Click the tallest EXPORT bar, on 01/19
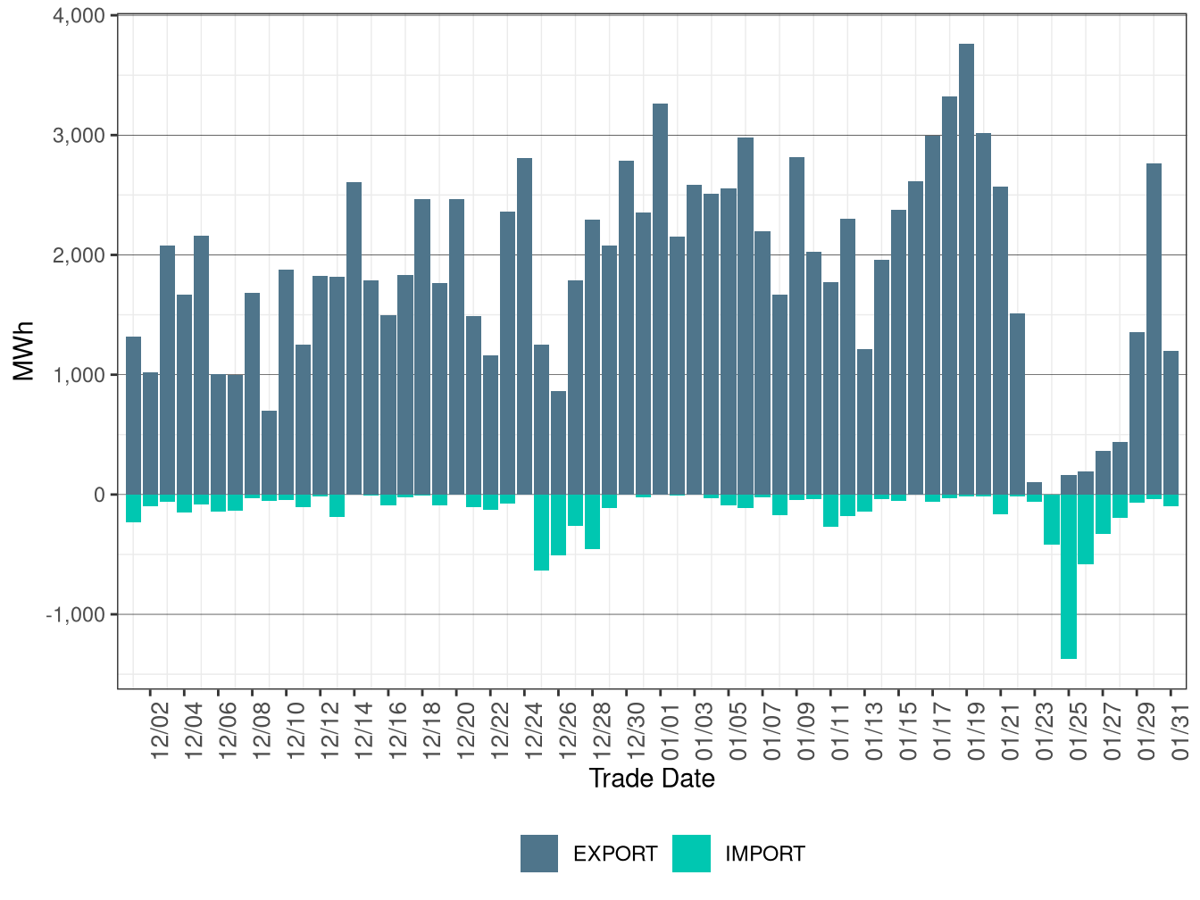pyautogui.click(x=966, y=268)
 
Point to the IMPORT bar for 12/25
pyautogui.click(x=542, y=532)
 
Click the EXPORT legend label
pyautogui.click(x=615, y=854)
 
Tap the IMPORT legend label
pyautogui.click(x=764, y=854)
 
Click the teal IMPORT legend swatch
pyautogui.click(x=691, y=854)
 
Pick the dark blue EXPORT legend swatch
pyautogui.click(x=539, y=854)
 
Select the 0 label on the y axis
pyautogui.click(x=99, y=495)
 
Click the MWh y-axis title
pyautogui.click(x=24, y=351)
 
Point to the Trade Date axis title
pyautogui.click(x=652, y=779)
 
